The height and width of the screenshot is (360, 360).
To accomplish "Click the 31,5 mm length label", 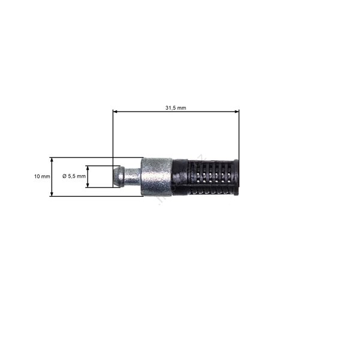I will click(x=176, y=107).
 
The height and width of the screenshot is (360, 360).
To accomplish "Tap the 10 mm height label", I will click(x=41, y=176).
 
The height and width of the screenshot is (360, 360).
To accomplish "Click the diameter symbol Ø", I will click(x=65, y=176).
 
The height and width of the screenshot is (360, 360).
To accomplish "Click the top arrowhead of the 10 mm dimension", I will click(x=52, y=160).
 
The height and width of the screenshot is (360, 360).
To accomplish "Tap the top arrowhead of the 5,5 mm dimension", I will click(x=88, y=168).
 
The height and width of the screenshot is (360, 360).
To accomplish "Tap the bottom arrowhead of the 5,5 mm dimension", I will click(x=88, y=185).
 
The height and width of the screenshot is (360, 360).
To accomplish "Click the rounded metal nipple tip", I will click(x=119, y=176).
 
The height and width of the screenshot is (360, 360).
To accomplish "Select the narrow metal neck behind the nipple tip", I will click(x=133, y=176).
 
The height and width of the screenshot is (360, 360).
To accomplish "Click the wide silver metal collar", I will click(x=157, y=176).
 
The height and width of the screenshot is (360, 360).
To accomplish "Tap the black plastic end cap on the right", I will click(x=235, y=177).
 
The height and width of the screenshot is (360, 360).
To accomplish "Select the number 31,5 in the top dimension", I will click(x=172, y=107).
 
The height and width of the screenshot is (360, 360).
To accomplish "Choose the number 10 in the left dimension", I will click(x=37, y=176).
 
